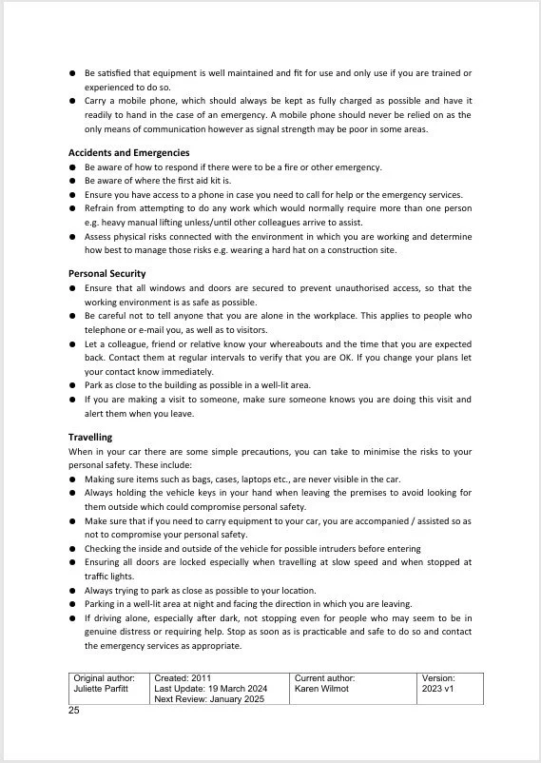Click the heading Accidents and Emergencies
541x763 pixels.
[128, 152]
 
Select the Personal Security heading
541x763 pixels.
[106, 274]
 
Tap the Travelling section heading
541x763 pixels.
[90, 438]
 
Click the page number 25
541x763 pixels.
[74, 711]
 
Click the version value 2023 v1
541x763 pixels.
[439, 689]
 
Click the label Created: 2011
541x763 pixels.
[184, 678]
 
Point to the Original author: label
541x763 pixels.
[105, 678]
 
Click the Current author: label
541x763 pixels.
[326, 678]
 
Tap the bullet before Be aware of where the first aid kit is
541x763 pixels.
[73, 181]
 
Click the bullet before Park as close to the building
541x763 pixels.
[73, 386]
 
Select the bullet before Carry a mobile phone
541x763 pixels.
[73, 101]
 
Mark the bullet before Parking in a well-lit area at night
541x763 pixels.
[73, 604]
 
